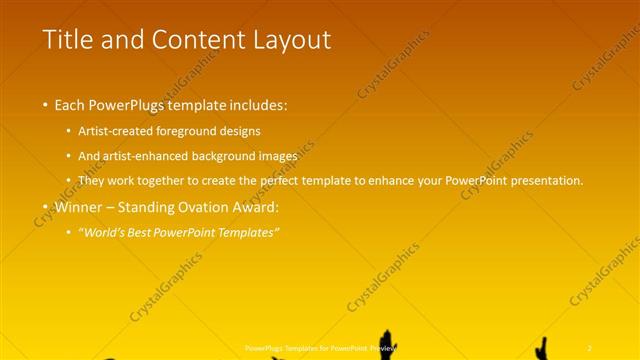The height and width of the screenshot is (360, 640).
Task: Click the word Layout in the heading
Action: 294,40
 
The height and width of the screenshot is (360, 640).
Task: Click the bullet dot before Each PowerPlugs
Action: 45,105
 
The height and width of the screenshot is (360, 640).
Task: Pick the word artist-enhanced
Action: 159,156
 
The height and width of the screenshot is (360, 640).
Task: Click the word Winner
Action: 82,208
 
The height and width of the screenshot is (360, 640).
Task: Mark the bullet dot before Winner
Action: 45,208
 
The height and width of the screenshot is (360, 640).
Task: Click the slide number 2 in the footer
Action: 590,347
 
